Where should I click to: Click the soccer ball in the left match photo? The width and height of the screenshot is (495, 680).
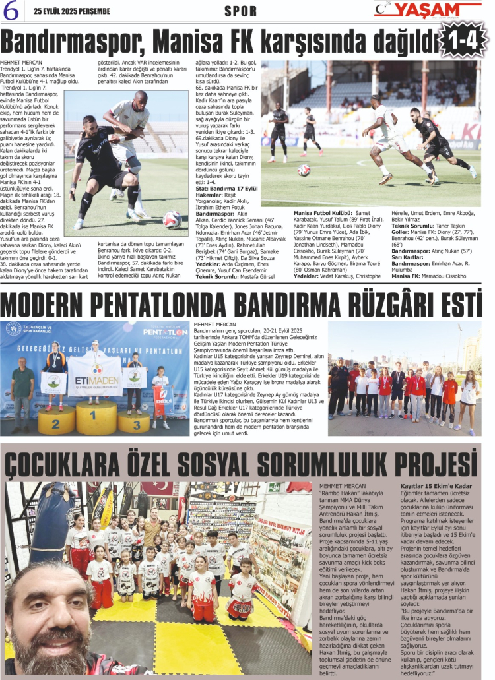click(x=172, y=220)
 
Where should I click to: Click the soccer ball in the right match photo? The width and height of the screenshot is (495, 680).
click(x=304, y=170)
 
